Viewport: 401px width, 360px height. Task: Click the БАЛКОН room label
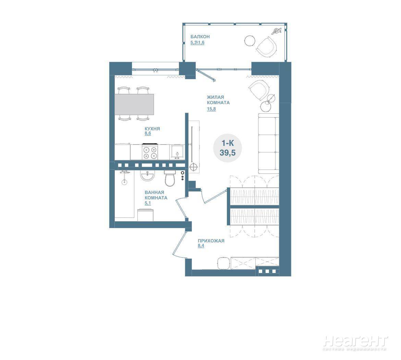tap(200, 37)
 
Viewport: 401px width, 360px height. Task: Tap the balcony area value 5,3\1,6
tap(197, 42)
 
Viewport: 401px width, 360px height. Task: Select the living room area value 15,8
tap(211, 109)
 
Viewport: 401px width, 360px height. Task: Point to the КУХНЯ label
tap(152, 128)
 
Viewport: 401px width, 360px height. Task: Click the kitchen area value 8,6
tap(148, 133)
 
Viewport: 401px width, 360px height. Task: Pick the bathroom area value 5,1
tap(148, 203)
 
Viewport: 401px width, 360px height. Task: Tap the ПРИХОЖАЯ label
tap(211, 241)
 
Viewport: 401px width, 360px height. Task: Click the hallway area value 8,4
tap(201, 246)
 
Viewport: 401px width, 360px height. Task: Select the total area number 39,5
tap(228, 152)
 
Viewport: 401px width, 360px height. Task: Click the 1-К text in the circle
tap(228, 143)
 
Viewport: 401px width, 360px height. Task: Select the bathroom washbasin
tap(147, 175)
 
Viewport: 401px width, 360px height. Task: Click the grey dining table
tap(134, 104)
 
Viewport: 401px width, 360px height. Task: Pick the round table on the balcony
tap(250, 41)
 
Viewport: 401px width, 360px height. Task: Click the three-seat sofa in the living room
tap(268, 143)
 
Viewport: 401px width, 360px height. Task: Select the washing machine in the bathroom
tap(146, 215)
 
